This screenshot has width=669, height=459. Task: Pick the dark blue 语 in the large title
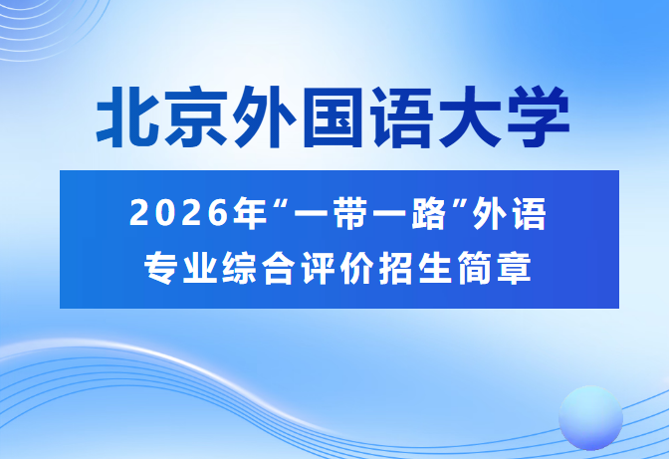coord(403,118)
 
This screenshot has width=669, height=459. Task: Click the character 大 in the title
coord(471,118)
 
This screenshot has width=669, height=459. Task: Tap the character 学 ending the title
coord(539,118)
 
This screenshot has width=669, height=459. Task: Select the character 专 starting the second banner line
coord(160,266)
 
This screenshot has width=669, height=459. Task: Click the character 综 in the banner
coord(232,266)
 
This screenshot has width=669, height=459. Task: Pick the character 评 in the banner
coord(303,266)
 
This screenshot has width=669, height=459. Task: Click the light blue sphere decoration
coord(590,416)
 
